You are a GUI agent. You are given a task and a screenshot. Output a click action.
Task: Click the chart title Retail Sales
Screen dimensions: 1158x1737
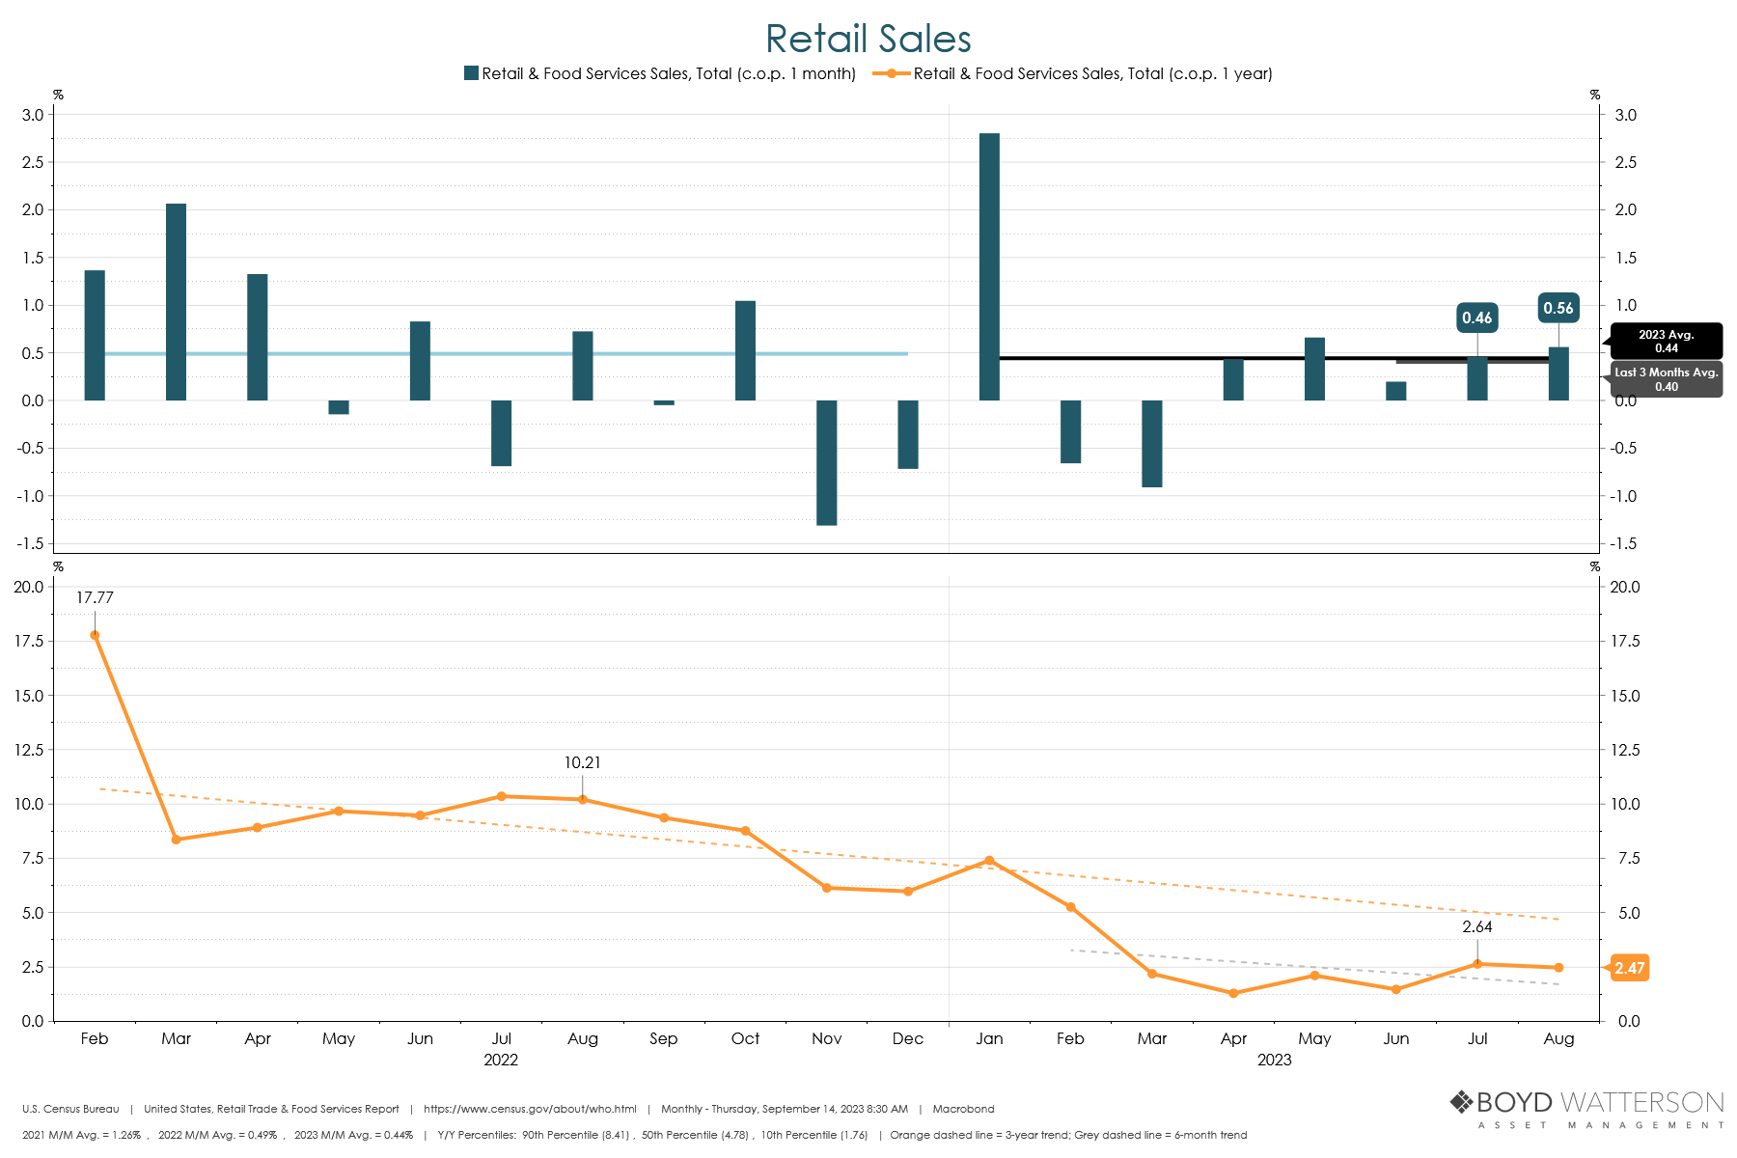pyautogui.click(x=868, y=40)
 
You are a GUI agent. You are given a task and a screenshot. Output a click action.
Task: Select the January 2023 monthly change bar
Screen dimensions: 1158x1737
pyautogui.click(x=989, y=267)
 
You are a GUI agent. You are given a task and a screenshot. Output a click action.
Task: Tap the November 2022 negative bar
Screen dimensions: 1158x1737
pyautogui.click(x=826, y=462)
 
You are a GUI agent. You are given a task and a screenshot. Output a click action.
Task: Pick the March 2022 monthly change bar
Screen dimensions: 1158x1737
pyautogui.click(x=176, y=302)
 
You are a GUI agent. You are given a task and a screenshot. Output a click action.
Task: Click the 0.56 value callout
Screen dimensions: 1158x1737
pyautogui.click(x=1558, y=308)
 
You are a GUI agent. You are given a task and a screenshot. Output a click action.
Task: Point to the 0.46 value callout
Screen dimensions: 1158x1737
pyautogui.click(x=1476, y=317)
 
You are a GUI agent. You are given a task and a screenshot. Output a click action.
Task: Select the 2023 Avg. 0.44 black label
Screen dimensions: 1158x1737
pyautogui.click(x=1666, y=341)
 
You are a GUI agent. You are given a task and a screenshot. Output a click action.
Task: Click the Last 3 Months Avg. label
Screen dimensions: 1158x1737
pyautogui.click(x=1666, y=379)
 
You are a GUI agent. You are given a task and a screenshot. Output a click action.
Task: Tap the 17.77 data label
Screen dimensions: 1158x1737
pyautogui.click(x=95, y=598)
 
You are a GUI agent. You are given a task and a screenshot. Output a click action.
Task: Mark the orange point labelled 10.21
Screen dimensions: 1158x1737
pyautogui.click(x=582, y=799)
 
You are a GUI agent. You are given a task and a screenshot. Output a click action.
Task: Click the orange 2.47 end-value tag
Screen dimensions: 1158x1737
pyautogui.click(x=1629, y=968)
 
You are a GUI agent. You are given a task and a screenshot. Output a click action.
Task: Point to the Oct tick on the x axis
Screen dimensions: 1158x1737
pyautogui.click(x=745, y=1039)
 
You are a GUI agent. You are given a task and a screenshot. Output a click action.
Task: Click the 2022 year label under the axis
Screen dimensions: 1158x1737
pyautogui.click(x=500, y=1060)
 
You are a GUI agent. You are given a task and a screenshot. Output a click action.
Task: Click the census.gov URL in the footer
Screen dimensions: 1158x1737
pyautogui.click(x=530, y=1109)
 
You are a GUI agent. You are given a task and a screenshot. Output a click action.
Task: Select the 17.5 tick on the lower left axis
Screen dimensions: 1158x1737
pyautogui.click(x=29, y=642)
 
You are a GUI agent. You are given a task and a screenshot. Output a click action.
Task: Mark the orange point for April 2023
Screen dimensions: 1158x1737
pyautogui.click(x=1233, y=993)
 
